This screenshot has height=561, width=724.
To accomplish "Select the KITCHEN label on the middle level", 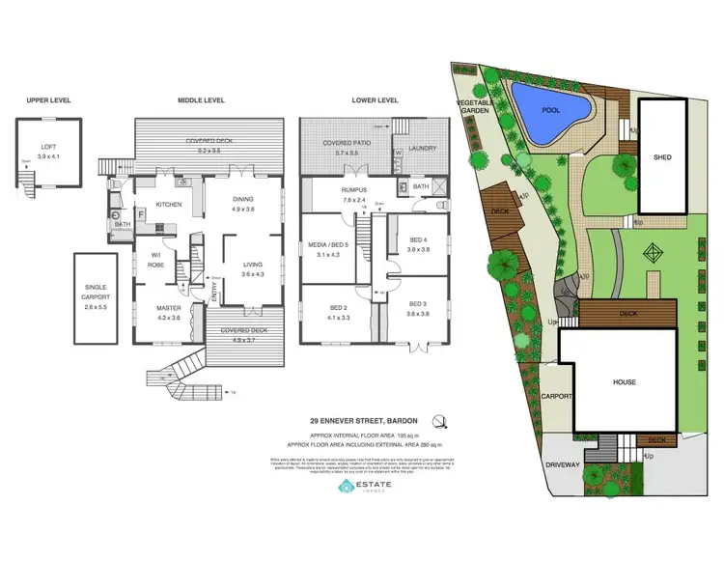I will tap(169, 205).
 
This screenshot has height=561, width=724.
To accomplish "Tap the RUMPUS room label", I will tap(355, 190).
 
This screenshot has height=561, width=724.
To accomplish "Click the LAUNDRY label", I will tap(422, 149).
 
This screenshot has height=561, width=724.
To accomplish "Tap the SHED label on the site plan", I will tap(662, 156).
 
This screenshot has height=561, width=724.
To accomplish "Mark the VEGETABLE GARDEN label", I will tap(475, 106).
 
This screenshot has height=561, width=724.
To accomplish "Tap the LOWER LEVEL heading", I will tap(375, 99).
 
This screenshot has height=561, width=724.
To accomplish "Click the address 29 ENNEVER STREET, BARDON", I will tap(362, 420).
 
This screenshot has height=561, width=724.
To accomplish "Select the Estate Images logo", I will tap(364, 488).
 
